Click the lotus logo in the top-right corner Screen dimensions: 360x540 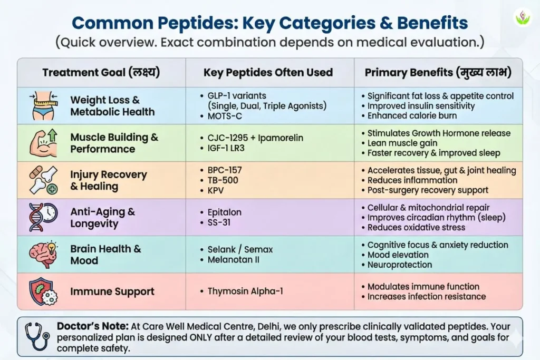[x=523, y=17]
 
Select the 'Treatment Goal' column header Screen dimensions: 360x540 [x=101, y=72]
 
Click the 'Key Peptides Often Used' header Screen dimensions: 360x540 [x=268, y=72]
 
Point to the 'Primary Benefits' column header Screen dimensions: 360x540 [x=437, y=72]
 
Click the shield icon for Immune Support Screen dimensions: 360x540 [x=42, y=291]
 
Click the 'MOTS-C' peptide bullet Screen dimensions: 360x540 [x=226, y=115]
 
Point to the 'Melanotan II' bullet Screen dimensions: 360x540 [x=235, y=260]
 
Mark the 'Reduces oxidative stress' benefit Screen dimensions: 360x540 [x=416, y=227]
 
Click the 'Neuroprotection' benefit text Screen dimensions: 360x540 [x=399, y=265]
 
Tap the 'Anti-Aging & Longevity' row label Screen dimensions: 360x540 [x=103, y=217]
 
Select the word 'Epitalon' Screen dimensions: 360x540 [x=225, y=212]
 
